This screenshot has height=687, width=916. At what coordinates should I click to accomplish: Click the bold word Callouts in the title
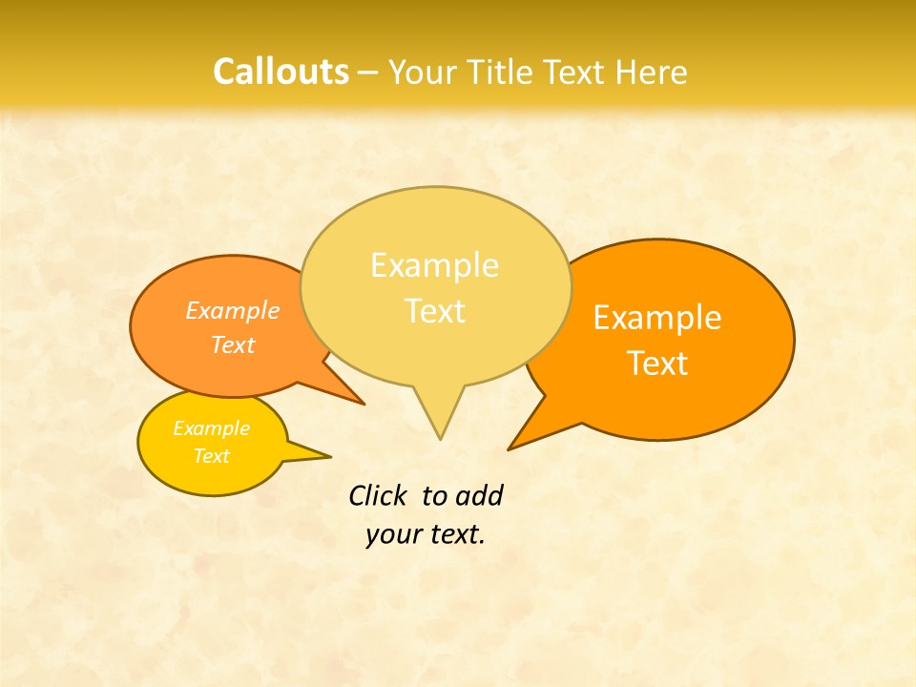click(x=281, y=72)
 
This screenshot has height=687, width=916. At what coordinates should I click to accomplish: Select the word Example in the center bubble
click(x=434, y=265)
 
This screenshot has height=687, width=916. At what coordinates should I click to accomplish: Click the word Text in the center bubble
click(x=434, y=311)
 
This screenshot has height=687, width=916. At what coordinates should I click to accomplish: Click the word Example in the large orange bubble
click(x=657, y=318)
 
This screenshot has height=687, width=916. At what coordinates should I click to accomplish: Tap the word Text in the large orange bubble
click(x=657, y=364)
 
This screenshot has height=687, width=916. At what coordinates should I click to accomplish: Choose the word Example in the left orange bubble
click(x=233, y=311)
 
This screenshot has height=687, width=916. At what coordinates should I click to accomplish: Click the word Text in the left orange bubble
click(x=233, y=345)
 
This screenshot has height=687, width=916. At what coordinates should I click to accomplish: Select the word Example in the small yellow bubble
click(x=211, y=428)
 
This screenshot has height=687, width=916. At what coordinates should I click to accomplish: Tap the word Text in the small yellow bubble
click(x=211, y=456)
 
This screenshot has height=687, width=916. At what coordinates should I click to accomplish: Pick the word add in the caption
click(x=479, y=496)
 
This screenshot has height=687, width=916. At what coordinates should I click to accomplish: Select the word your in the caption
click(x=393, y=534)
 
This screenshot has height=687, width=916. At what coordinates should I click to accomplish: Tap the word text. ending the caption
click(x=455, y=534)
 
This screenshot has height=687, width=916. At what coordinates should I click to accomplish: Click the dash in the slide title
click(x=368, y=73)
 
